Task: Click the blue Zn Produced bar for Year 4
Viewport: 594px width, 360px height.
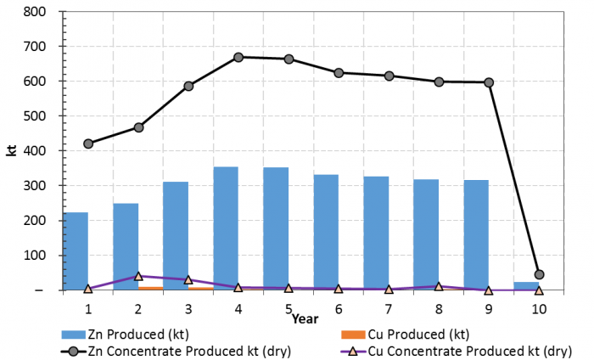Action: pyautogui.click(x=226, y=229)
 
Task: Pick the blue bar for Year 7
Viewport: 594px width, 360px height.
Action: pyautogui.click(x=376, y=234)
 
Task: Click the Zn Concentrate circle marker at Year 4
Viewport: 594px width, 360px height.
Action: pyautogui.click(x=238, y=57)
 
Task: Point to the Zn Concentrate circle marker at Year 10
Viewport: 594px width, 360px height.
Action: pyautogui.click(x=539, y=274)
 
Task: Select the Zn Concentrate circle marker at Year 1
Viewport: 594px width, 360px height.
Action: pyautogui.click(x=88, y=143)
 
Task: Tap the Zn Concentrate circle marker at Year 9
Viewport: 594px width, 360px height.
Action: pyautogui.click(x=489, y=82)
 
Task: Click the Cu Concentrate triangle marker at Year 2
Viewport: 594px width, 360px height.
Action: pyautogui.click(x=138, y=276)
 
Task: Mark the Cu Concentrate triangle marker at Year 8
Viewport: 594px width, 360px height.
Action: pyautogui.click(x=439, y=287)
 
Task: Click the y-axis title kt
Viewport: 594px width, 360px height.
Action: pyautogui.click(x=12, y=151)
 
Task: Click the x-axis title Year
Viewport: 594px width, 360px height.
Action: pyautogui.click(x=305, y=319)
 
